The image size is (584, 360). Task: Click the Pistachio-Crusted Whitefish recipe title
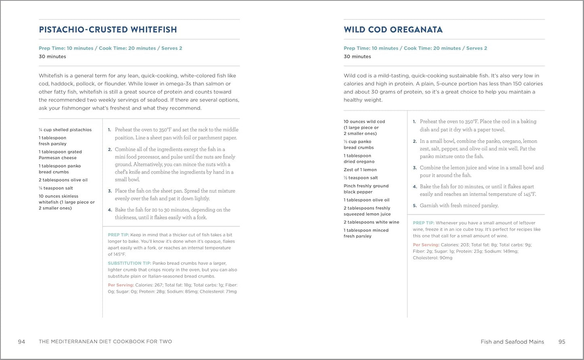pyautogui.click(x=108, y=29)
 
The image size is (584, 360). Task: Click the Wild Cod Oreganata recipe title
pyautogui.click(x=393, y=29)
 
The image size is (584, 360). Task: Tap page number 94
pyautogui.click(x=21, y=342)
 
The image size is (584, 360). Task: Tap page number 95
pyautogui.click(x=562, y=342)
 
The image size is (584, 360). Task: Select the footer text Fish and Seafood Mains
pyautogui.click(x=512, y=342)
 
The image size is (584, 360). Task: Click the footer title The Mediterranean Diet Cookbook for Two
pyautogui.click(x=105, y=342)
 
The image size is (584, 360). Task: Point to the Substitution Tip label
pyautogui.click(x=129, y=263)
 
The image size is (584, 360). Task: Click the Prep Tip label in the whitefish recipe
pyautogui.click(x=118, y=235)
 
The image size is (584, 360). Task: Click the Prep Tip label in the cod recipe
pyautogui.click(x=423, y=223)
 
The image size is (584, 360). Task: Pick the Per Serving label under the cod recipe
pyautogui.click(x=426, y=245)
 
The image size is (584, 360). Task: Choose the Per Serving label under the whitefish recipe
pyautogui.click(x=120, y=285)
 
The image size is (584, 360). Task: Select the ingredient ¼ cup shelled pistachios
pyautogui.click(x=65, y=130)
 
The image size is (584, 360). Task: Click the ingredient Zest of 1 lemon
pyautogui.click(x=360, y=170)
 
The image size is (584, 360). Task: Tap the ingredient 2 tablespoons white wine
pyautogui.click(x=371, y=222)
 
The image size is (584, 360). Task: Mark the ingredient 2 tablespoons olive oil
pyautogui.click(x=63, y=180)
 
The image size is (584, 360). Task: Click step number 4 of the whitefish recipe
pyautogui.click(x=110, y=210)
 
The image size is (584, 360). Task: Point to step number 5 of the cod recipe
pyautogui.click(x=415, y=206)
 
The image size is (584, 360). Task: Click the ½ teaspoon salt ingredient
pyautogui.click(x=361, y=178)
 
